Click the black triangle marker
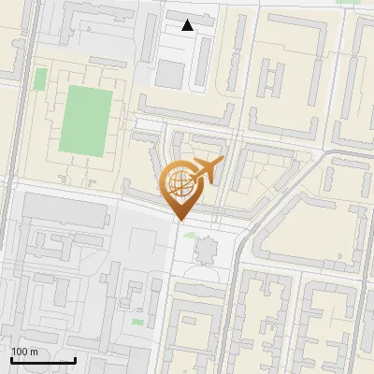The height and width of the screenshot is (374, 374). [188, 25]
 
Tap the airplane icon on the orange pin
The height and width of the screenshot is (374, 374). [207, 170]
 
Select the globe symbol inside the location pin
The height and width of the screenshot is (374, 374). [179, 183]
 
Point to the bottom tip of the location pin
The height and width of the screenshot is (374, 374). [179, 221]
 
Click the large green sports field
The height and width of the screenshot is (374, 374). [85, 119]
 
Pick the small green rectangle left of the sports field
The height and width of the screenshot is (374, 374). [40, 79]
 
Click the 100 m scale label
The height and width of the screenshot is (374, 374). [24, 352]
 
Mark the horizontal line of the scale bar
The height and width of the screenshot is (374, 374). [43, 360]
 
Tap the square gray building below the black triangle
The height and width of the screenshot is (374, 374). [169, 74]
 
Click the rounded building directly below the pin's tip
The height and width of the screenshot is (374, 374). [205, 251]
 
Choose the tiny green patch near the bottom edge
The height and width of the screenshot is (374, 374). [137, 323]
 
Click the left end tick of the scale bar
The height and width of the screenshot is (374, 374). [11, 358]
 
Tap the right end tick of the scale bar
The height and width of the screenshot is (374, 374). [75, 358]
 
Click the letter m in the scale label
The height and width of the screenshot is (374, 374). [34, 352]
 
